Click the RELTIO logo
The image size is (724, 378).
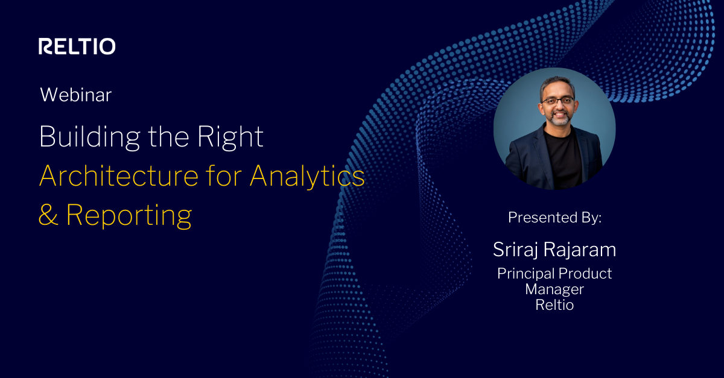pos(77,46)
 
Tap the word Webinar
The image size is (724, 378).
pos(75,95)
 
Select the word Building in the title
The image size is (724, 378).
pos(90,137)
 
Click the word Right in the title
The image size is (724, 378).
pos(230,137)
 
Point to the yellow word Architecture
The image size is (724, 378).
pos(119,176)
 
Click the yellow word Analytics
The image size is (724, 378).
pos(307,177)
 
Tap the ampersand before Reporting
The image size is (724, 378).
pos(48,215)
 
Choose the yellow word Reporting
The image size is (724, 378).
pos(129,216)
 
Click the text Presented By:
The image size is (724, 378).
pos(554,218)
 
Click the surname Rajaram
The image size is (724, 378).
pos(580,250)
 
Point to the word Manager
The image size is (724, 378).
pos(554,289)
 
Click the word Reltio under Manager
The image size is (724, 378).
pos(554,305)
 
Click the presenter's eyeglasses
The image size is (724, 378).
pos(557,101)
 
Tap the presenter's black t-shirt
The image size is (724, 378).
pos(564,160)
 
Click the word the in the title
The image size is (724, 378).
pos(168,137)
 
